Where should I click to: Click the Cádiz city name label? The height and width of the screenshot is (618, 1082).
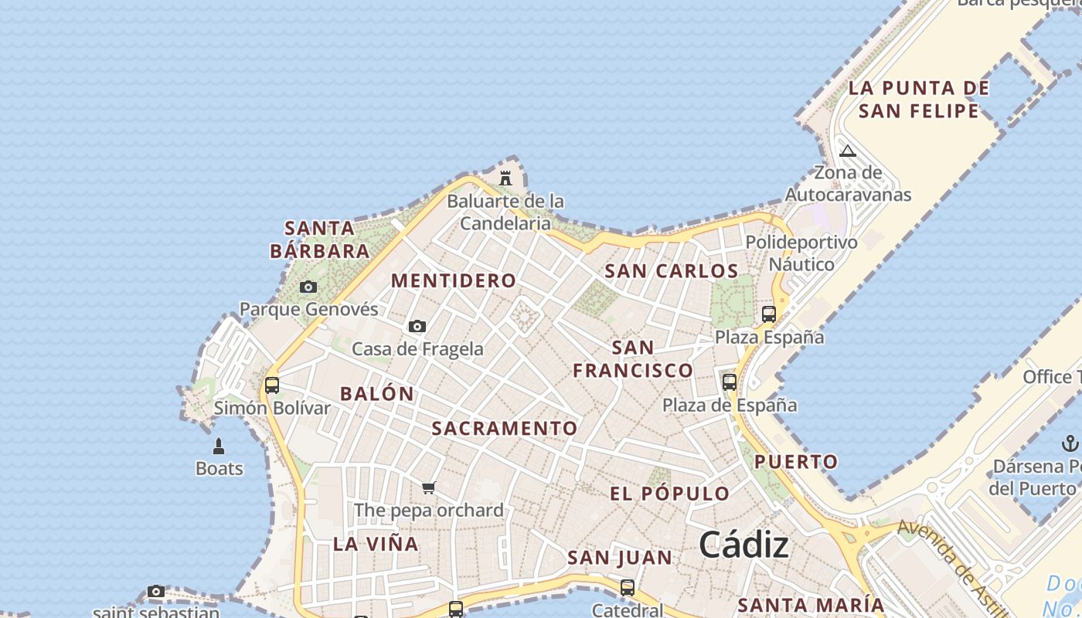click(743, 545)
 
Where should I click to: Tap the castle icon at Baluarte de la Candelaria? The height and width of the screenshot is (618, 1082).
click(505, 178)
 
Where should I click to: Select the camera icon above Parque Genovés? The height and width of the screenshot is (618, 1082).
click(308, 287)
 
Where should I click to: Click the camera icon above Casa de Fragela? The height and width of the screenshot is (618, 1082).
click(417, 327)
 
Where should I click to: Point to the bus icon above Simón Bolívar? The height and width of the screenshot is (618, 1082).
click(272, 385)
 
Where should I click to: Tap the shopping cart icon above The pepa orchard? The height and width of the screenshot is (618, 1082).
click(429, 487)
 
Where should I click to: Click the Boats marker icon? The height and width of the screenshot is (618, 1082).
click(219, 447)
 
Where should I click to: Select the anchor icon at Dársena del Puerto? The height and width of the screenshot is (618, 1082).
click(1070, 443)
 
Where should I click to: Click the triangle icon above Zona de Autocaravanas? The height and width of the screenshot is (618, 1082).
click(848, 151)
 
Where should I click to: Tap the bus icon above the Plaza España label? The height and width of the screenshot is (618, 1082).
click(769, 314)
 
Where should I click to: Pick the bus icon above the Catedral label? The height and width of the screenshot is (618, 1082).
click(628, 588)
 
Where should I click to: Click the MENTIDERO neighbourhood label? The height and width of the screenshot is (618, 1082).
click(454, 281)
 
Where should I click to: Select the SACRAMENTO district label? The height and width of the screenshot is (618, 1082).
click(505, 429)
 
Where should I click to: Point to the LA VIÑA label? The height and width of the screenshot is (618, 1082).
click(376, 544)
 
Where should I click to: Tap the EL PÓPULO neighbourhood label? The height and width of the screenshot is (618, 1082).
click(669, 494)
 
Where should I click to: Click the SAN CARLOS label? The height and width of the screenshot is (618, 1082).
click(671, 271)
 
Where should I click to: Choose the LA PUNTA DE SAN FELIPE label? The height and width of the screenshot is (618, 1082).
click(919, 100)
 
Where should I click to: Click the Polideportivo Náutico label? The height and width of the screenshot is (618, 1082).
click(801, 253)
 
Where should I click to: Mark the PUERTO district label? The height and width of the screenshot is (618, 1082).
click(796, 462)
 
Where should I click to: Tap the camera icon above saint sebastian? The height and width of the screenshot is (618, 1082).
click(156, 592)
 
